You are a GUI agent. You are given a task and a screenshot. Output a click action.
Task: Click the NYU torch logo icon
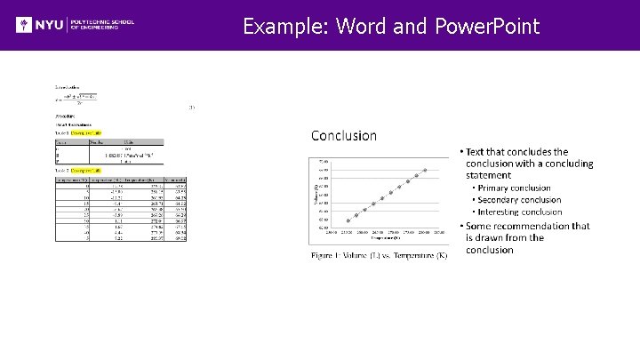(26, 25)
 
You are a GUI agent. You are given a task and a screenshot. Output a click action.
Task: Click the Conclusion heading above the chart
(343, 136)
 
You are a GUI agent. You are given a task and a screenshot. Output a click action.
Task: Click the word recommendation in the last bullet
(548, 226)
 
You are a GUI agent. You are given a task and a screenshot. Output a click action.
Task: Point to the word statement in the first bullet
(489, 175)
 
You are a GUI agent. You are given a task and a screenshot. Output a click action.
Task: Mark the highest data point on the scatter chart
(425, 170)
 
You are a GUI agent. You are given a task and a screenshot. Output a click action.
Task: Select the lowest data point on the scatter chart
(348, 220)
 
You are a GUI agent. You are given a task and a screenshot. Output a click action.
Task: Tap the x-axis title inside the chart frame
(380, 240)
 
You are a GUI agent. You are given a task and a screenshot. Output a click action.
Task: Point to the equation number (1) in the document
(191, 108)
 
